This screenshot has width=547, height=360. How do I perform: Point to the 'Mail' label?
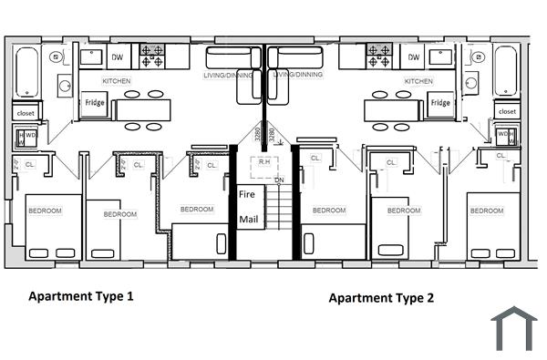[x=248, y=220]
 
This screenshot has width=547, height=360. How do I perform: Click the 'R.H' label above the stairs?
[x=265, y=162]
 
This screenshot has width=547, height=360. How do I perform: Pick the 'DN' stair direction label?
[x=280, y=180]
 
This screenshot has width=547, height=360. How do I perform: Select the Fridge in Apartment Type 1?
[x=96, y=103]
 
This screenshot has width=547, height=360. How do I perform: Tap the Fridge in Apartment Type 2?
[x=440, y=103]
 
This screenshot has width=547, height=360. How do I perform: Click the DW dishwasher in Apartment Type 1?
[x=117, y=57]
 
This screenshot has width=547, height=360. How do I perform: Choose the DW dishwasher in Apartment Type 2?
[x=414, y=57]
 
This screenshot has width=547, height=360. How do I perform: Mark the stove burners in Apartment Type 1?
[x=151, y=57]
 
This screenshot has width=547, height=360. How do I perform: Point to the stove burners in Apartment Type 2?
[x=379, y=57]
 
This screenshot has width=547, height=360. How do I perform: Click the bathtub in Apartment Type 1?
[x=26, y=72]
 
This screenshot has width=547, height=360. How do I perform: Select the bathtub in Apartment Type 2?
[x=506, y=72]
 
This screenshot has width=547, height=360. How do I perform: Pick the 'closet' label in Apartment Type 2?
[x=506, y=111]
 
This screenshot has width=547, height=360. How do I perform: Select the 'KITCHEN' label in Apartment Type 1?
[x=116, y=81]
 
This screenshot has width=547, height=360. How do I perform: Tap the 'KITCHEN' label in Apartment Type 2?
[x=418, y=81]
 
